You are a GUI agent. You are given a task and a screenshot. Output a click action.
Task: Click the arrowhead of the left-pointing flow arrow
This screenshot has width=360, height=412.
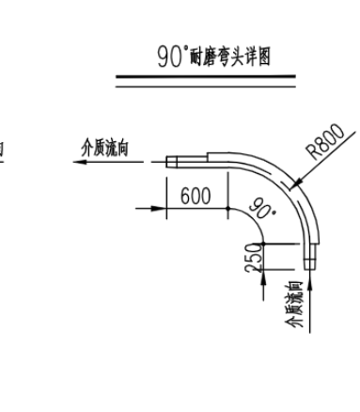(x=82, y=162)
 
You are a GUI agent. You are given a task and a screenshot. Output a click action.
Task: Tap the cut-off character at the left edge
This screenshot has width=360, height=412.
(x=2, y=150)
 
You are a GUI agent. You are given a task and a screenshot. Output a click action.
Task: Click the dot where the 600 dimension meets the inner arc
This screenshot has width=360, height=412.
(x=227, y=208)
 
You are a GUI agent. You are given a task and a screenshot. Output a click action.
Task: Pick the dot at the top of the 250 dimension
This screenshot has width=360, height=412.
(x=263, y=244)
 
